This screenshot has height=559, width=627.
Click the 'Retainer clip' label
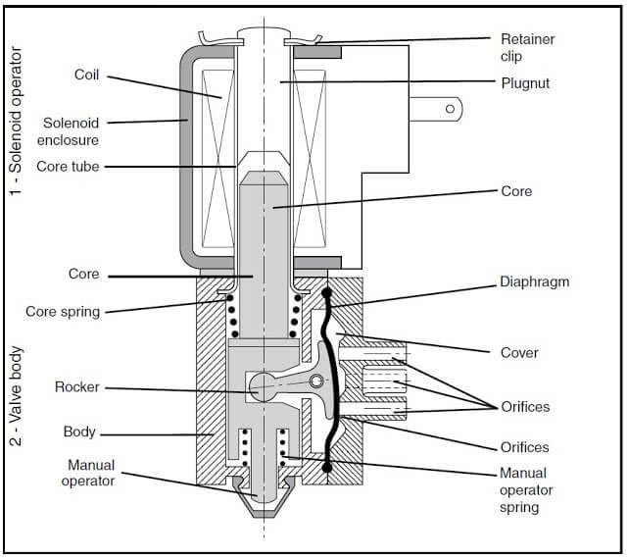click(x=527, y=47)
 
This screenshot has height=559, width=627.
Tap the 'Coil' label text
click(x=87, y=75)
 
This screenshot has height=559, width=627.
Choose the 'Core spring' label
click(x=62, y=312)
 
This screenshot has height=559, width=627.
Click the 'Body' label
click(x=79, y=432)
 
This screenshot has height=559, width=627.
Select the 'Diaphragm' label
click(x=535, y=281)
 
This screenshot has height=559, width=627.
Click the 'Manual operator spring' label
click(x=527, y=490)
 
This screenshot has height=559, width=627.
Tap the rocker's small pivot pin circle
click(x=316, y=381)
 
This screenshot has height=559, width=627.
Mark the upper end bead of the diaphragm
click(x=325, y=293)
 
